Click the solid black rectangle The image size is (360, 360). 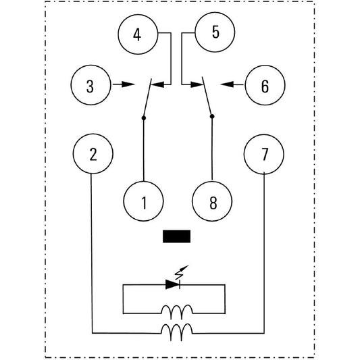click(176, 236)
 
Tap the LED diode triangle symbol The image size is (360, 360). click(172, 285)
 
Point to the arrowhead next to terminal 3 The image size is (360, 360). click(128, 84)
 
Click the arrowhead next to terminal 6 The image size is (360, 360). click(227, 84)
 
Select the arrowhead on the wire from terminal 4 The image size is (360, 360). click(158, 84)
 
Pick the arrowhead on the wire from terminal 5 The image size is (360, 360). click(197, 84)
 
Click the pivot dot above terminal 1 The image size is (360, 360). click(144, 118)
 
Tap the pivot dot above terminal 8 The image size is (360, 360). click(212, 117)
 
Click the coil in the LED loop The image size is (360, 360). click(177, 312)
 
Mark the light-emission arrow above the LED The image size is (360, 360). click(182, 272)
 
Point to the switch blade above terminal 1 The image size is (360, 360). click(147, 99)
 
